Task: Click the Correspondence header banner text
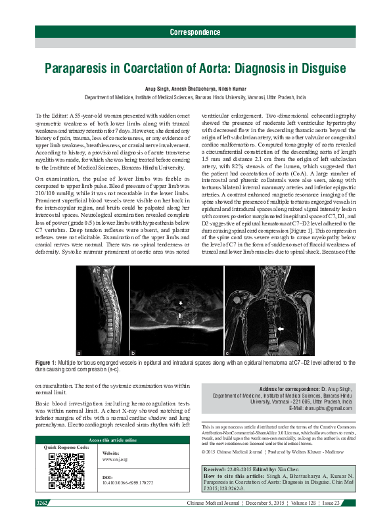click(195, 32)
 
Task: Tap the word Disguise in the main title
click(317, 68)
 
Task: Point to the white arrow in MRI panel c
click(280, 327)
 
